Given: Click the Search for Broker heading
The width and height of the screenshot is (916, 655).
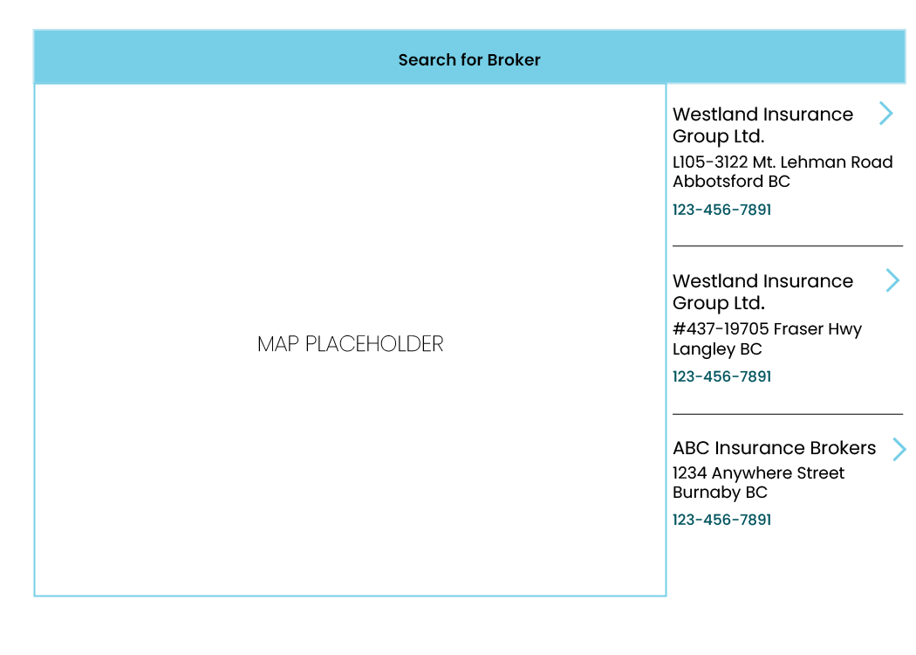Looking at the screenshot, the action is tap(469, 59).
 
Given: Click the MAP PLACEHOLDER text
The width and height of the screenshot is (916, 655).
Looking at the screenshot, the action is tap(351, 344).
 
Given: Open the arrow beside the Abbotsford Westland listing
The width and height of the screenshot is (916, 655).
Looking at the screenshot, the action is tap(886, 114).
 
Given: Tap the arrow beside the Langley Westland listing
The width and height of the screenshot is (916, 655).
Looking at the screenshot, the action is tap(892, 280).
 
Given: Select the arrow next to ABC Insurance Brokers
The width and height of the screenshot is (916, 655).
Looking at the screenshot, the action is tap(899, 449).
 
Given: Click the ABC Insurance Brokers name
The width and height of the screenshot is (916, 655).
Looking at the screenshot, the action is tap(774, 448).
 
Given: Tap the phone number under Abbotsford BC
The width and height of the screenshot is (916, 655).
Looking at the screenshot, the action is tap(722, 210).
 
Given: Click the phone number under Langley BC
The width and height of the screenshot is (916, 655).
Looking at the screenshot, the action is tap(722, 376).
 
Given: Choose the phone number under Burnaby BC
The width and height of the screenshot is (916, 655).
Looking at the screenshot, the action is tap(722, 520).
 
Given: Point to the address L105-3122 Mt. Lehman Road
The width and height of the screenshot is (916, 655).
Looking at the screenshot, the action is tap(783, 162).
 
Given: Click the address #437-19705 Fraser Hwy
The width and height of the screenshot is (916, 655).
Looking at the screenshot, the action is tap(767, 329).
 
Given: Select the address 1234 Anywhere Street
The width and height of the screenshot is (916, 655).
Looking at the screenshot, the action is tap(758, 472).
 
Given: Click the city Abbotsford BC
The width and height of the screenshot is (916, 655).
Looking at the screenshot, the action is tap(731, 182).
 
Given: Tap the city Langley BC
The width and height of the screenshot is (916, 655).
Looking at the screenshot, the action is tap(717, 349).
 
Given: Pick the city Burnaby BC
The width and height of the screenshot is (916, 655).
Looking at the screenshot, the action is tap(720, 493).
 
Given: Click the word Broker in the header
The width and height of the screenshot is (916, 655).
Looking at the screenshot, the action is tap(514, 59).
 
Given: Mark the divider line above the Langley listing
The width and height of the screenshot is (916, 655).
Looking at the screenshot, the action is tap(788, 245).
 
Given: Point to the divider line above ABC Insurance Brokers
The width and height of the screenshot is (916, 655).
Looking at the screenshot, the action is tap(788, 414).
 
